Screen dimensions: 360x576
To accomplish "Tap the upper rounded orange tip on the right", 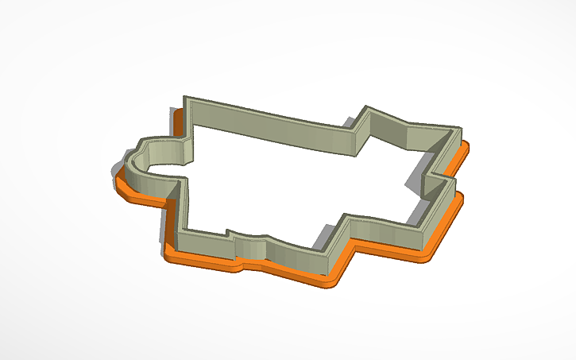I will (467, 148).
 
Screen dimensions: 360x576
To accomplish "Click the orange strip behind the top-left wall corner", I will (179, 119).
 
